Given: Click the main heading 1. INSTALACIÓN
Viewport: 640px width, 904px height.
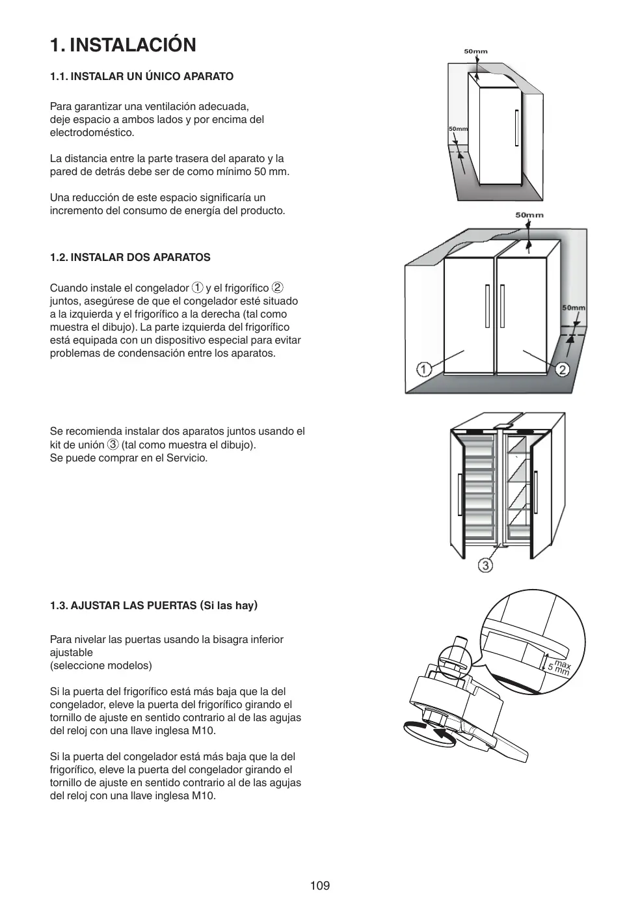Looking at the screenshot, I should pyautogui.click(x=123, y=45).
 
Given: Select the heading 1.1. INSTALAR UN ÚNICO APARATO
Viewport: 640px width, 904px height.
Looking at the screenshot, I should pyautogui.click(x=142, y=77).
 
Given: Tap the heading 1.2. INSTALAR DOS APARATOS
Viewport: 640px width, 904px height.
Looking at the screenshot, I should pyautogui.click(x=130, y=258).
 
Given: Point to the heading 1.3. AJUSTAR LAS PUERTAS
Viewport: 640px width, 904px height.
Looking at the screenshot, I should pyautogui.click(x=154, y=606).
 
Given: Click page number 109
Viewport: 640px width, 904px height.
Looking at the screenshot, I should pyautogui.click(x=320, y=885).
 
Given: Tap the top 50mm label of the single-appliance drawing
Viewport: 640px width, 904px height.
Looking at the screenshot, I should pyautogui.click(x=475, y=51).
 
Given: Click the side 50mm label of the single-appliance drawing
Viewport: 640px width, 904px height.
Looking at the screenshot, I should pyautogui.click(x=458, y=129).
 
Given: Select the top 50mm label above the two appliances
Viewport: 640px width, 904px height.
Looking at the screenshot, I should pyautogui.click(x=529, y=215).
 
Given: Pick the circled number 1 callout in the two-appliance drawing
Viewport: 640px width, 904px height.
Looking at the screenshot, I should pyautogui.click(x=424, y=369).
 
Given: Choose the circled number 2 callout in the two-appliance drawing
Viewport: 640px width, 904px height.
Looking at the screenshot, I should pyautogui.click(x=562, y=369).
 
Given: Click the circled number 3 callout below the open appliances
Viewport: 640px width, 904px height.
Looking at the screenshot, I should pyautogui.click(x=485, y=565).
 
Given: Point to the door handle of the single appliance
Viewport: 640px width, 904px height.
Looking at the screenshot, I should pyautogui.click(x=516, y=128).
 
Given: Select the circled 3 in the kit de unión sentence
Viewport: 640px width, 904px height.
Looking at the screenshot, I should pyautogui.click(x=113, y=445).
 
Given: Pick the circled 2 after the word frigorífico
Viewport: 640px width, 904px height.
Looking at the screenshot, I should pyautogui.click(x=277, y=288).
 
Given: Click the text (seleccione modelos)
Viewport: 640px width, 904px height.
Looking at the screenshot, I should pyautogui.click(x=101, y=666).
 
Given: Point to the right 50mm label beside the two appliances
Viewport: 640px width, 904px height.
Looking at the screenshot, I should pyautogui.click(x=573, y=308).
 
